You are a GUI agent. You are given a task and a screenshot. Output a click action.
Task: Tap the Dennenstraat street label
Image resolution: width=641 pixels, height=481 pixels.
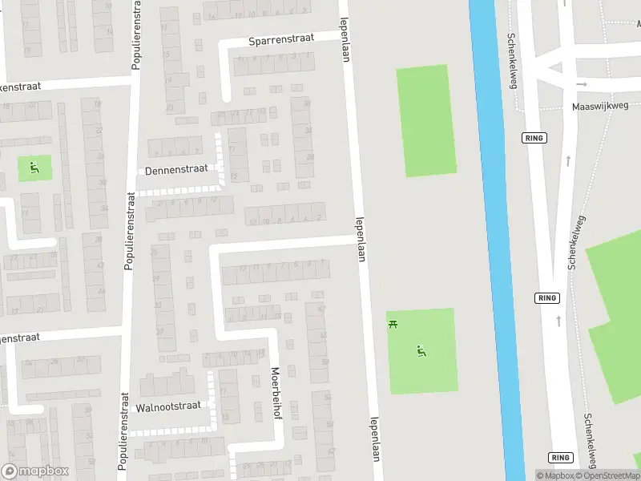176,170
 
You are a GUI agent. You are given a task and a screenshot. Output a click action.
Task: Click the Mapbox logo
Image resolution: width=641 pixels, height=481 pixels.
34,471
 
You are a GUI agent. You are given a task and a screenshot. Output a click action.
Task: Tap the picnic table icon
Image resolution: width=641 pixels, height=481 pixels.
393,325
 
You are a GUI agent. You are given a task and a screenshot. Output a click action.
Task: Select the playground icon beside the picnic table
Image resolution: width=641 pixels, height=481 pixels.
420,350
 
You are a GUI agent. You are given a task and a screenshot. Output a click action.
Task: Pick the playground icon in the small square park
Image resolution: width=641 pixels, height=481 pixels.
34,168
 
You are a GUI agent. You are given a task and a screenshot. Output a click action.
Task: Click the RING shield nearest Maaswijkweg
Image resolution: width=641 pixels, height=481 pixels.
534,138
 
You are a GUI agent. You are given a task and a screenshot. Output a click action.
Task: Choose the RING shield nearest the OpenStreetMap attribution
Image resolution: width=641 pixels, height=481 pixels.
559,457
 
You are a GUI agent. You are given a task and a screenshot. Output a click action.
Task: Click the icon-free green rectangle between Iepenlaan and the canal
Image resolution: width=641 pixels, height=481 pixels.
426,120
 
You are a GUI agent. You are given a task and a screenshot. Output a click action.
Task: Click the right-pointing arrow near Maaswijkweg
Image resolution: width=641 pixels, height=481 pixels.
583,83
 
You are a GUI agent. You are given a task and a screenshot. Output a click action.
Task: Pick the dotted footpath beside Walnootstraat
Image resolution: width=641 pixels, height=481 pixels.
212,401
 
